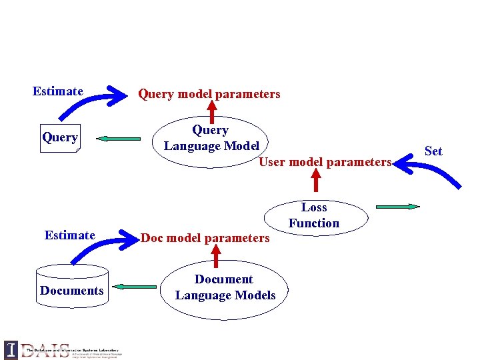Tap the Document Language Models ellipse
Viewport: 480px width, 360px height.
tap(225, 288)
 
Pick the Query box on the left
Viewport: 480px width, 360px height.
tap(59, 138)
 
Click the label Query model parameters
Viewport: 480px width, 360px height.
tap(209, 94)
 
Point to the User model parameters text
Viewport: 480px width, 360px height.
tap(325, 162)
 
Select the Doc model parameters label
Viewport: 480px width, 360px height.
tap(205, 238)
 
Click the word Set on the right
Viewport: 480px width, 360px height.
tap(433, 151)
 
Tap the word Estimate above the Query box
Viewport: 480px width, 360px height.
tap(58, 91)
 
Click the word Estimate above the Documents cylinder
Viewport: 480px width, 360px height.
tap(69, 235)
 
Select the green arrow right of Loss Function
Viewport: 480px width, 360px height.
tap(398, 207)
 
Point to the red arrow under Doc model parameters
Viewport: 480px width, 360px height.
tap(215, 255)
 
